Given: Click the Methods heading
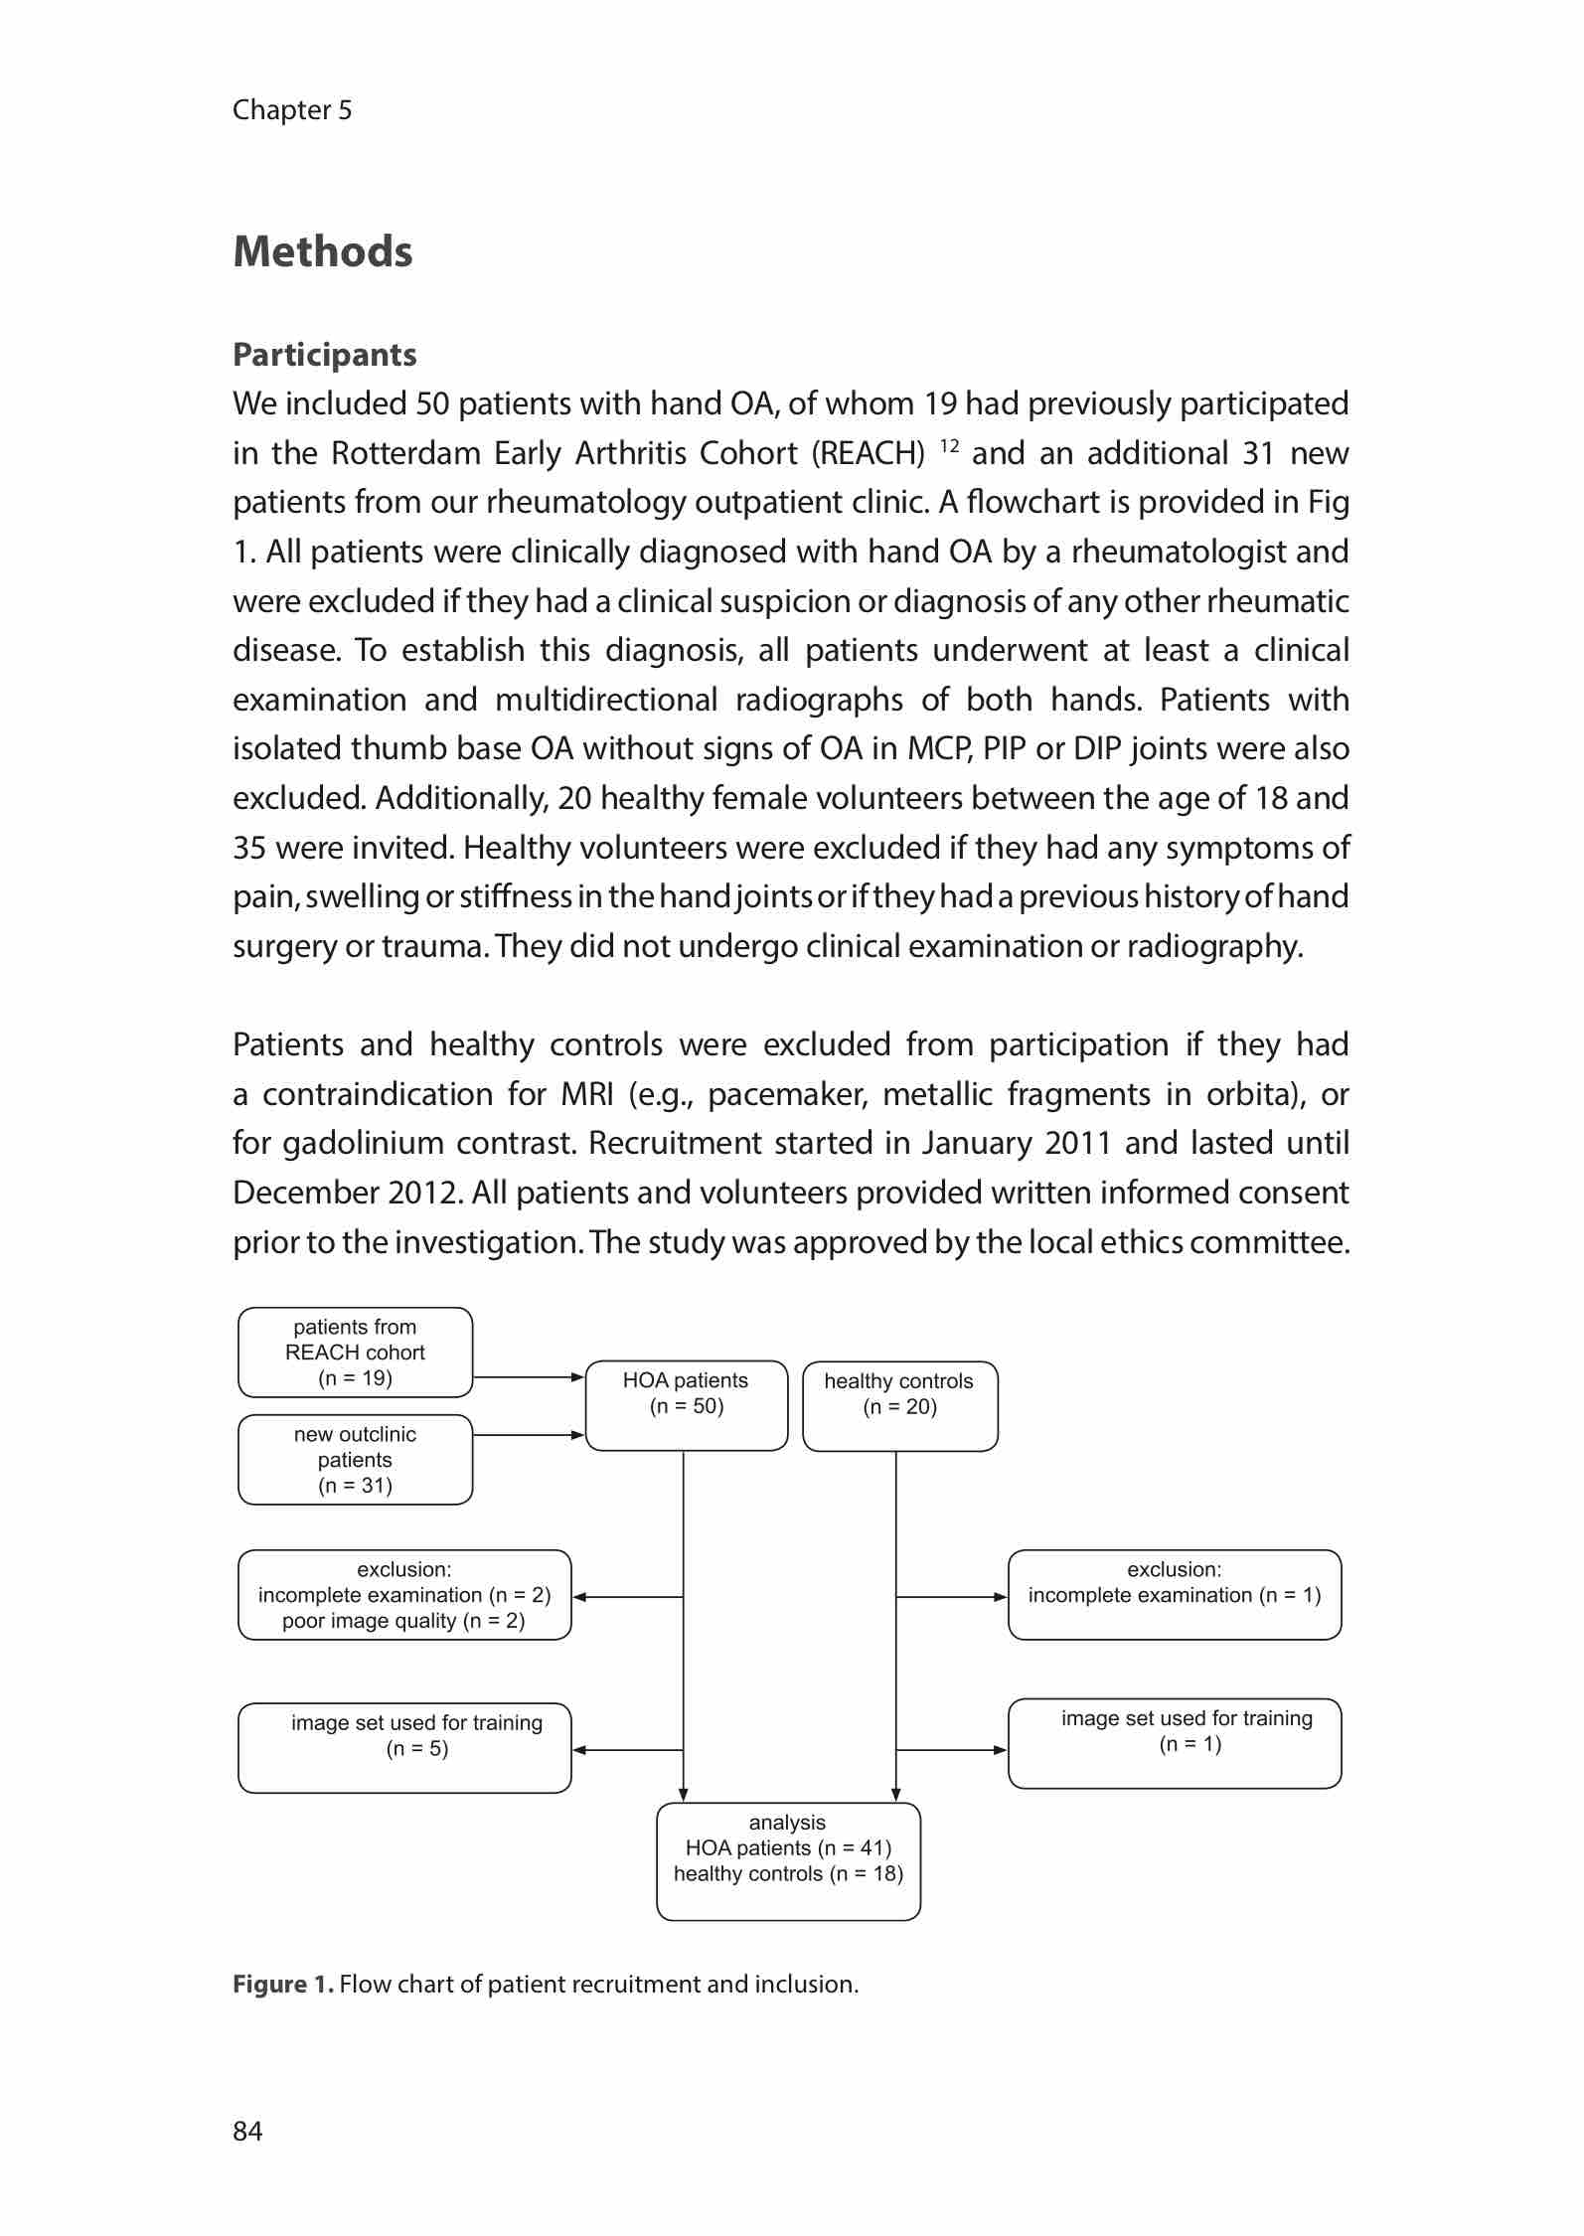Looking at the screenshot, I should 322,251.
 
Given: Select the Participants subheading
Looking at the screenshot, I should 324,355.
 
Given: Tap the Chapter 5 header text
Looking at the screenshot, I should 292,109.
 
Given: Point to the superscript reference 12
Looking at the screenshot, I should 948,444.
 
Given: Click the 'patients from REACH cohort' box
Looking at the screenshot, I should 355,1353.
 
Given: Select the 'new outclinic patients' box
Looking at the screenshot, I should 355,1460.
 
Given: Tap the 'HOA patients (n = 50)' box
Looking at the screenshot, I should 686,1405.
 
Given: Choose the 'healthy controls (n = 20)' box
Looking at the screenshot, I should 899,1406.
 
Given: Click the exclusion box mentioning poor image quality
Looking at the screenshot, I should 404,1595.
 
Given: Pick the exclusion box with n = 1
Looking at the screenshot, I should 1174,1595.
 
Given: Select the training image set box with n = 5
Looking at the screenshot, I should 404,1748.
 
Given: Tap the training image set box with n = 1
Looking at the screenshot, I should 1174,1744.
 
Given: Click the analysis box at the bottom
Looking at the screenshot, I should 788,1861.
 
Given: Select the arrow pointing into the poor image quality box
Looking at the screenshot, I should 627,1597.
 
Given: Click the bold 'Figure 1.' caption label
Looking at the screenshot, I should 282,1985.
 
